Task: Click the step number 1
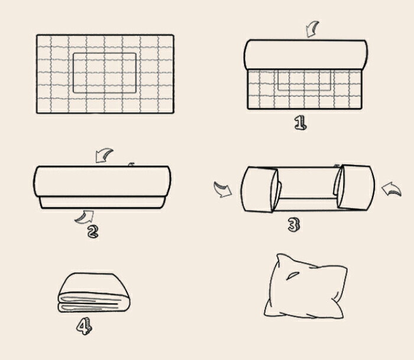click(x=300, y=124)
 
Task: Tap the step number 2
click(x=93, y=232)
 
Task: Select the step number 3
click(x=294, y=225)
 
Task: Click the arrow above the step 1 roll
click(x=312, y=29)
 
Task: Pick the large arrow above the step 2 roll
click(x=103, y=155)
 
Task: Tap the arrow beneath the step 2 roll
click(x=85, y=217)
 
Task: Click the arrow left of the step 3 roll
click(x=222, y=189)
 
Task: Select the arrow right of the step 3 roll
click(x=392, y=189)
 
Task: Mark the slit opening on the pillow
click(x=293, y=276)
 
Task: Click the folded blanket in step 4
click(x=94, y=293)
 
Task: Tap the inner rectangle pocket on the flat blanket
click(x=105, y=73)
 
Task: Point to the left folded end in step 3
click(x=260, y=189)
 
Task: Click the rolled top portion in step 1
click(x=306, y=55)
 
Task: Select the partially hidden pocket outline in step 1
click(x=304, y=80)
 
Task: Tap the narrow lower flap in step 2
click(x=102, y=202)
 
